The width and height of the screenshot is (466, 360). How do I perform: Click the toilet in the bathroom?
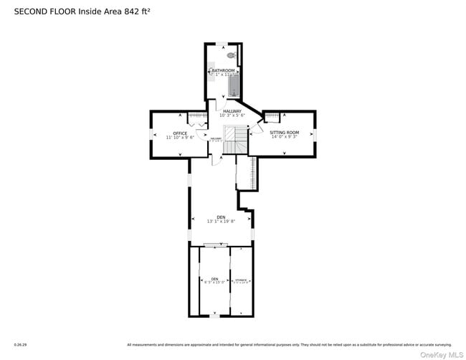(231, 55)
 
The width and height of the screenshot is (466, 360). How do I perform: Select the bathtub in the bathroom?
(233, 85)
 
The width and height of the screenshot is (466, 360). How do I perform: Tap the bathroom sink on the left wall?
(211, 72)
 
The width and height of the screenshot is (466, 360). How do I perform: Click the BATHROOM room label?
(222, 70)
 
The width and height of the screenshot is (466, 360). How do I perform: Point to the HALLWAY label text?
(232, 111)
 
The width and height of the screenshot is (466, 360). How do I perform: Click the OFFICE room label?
(180, 133)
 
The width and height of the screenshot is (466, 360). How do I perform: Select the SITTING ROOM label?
(284, 133)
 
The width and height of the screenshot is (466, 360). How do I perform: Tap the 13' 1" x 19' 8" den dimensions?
(221, 222)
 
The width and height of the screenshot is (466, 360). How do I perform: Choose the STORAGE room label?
(242, 280)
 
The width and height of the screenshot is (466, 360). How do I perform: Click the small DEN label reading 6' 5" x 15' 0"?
(214, 282)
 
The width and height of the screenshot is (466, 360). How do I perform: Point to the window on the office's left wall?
(151, 134)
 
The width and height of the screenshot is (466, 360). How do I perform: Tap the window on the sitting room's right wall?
(315, 133)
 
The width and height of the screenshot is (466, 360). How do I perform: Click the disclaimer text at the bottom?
(289, 345)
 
